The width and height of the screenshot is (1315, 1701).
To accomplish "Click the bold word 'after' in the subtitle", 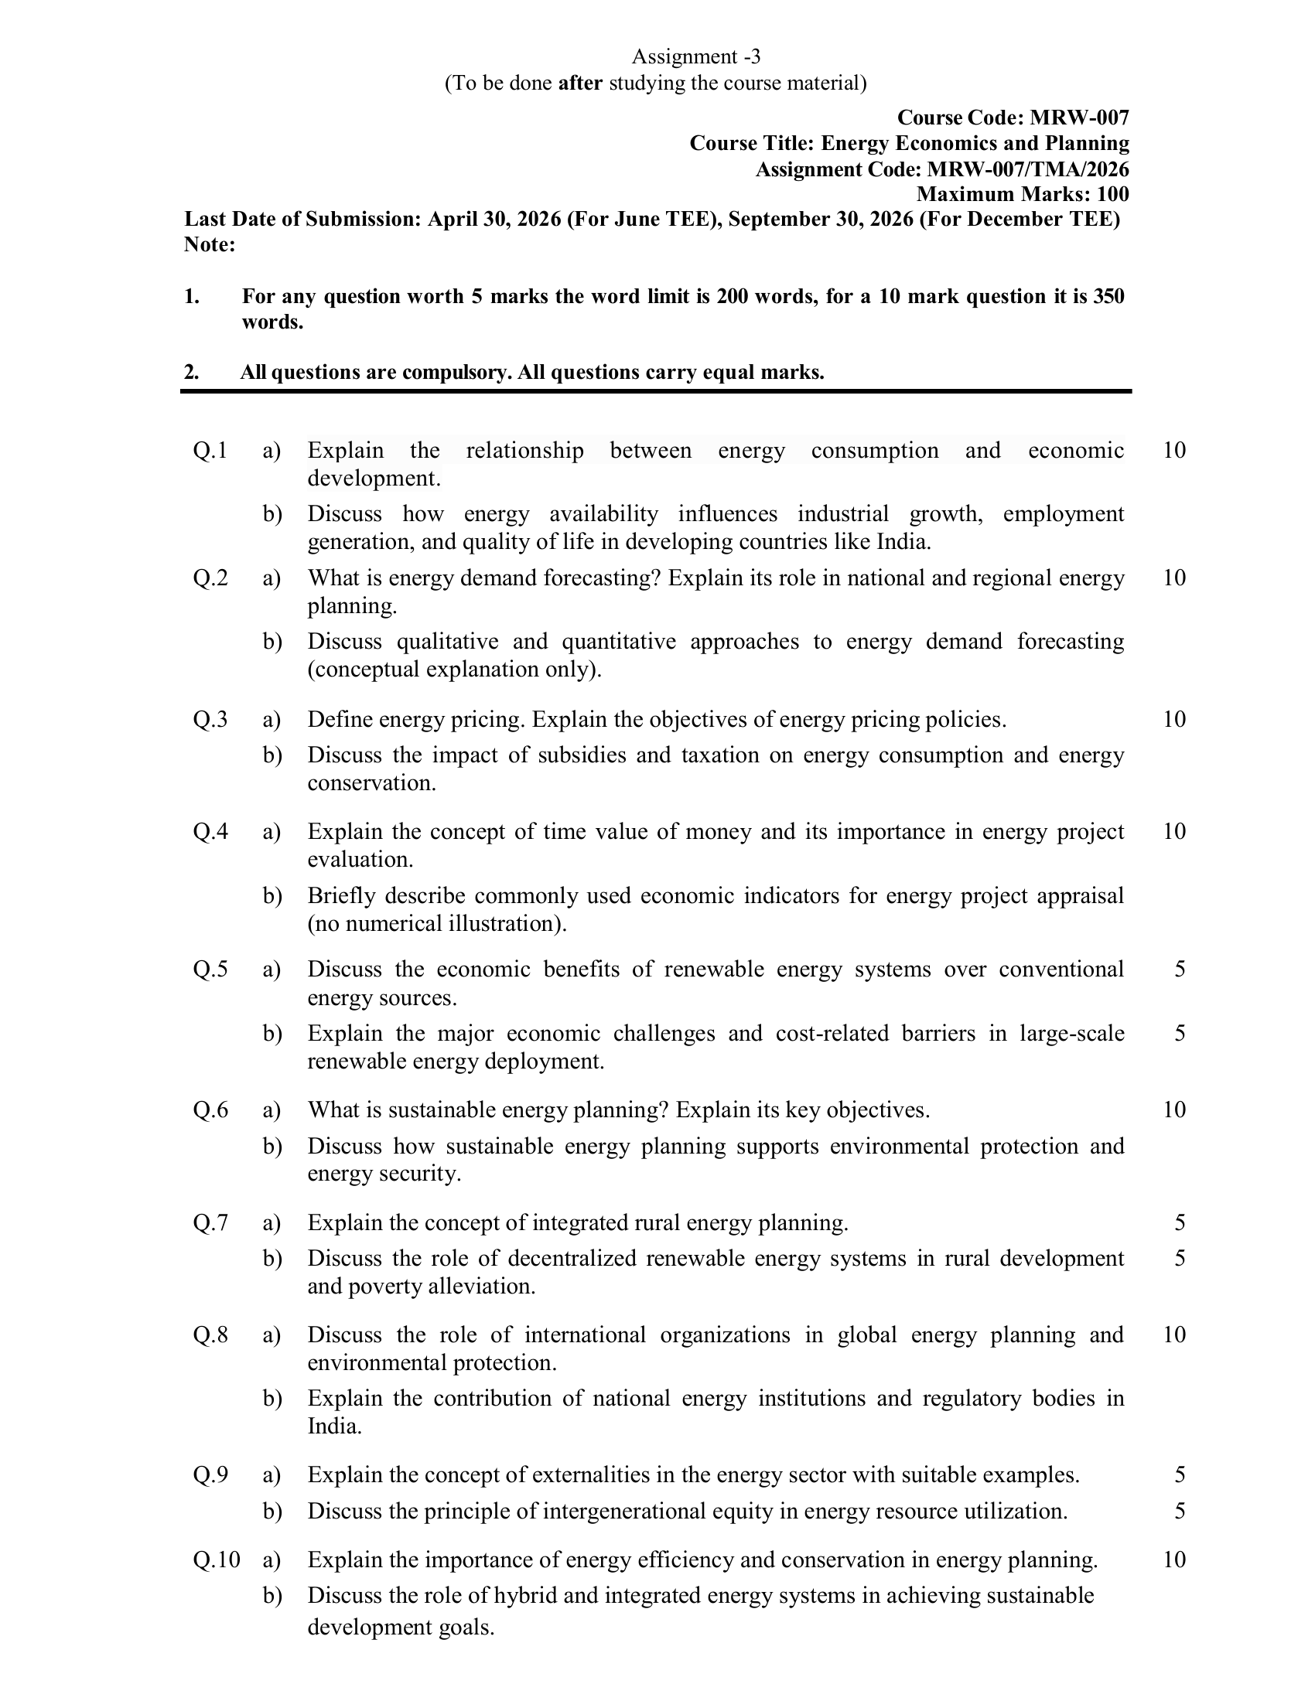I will tap(580, 83).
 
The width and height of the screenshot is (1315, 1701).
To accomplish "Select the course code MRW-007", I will tap(1079, 118).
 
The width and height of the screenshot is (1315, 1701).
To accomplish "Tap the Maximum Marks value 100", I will tap(1112, 194).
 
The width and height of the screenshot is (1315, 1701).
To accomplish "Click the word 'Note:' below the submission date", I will tap(210, 244).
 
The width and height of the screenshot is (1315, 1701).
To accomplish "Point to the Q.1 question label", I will tap(210, 450).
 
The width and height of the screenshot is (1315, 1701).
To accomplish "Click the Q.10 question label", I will tap(217, 1560).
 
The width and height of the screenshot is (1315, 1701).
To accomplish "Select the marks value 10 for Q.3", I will tap(1174, 719).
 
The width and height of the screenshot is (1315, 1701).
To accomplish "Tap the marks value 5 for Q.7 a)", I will tap(1180, 1223).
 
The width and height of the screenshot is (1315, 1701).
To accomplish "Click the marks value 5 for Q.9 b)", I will tap(1180, 1511).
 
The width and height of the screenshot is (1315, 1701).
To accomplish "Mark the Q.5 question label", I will tap(210, 969).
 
